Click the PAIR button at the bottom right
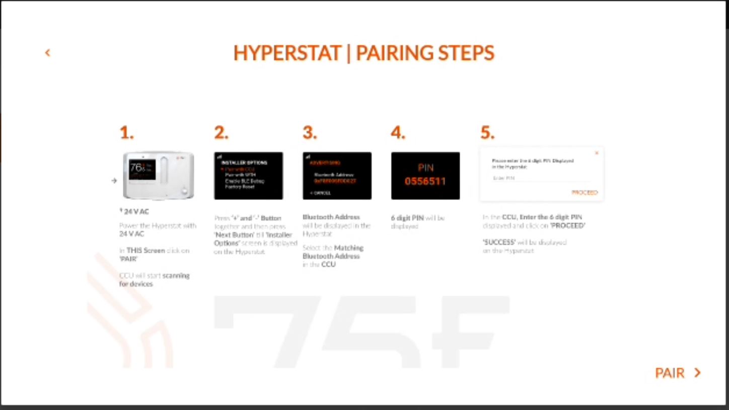coord(678,373)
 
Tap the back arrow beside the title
coord(47,52)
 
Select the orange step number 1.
coord(126,133)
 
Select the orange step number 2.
coord(221,133)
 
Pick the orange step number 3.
coord(310,133)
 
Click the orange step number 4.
coord(398,133)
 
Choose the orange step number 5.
coord(487,133)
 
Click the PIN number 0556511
coord(425,181)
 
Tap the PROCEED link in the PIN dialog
coord(585,192)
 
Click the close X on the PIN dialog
coord(597,153)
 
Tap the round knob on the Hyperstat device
coord(185,191)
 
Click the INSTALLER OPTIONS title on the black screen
coord(244,163)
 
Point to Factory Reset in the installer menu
coord(240,187)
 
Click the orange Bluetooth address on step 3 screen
coord(335,181)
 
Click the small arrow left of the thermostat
coord(114,180)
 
